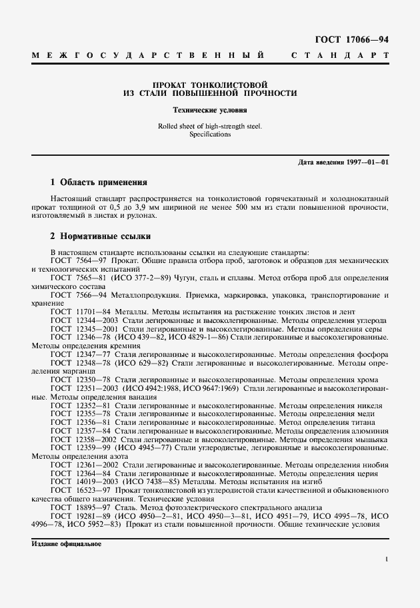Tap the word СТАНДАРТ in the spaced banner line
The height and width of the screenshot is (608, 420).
pyautogui.click(x=339, y=55)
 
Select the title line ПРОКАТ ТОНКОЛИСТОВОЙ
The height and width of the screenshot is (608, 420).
pyautogui.click(x=210, y=85)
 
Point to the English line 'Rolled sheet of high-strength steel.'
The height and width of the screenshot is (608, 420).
pyautogui.click(x=210, y=126)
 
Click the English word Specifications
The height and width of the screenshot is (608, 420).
pyautogui.click(x=210, y=134)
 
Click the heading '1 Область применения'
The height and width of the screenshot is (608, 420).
pyautogui.click(x=99, y=182)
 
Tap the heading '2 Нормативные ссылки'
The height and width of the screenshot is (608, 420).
pyautogui.click(x=101, y=236)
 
